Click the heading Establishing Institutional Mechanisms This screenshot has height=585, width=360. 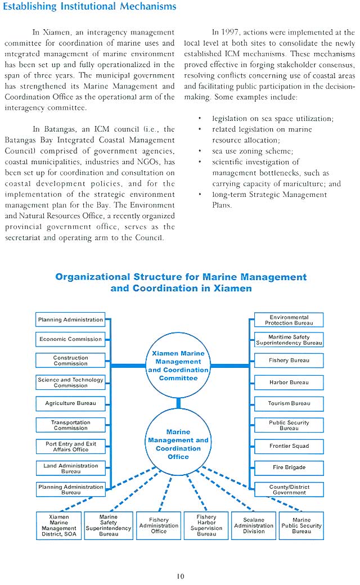click(x=89, y=7)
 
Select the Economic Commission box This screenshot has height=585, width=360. click(x=70, y=339)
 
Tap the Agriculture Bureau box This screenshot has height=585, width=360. click(x=70, y=403)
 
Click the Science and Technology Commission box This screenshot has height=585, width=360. click(x=70, y=382)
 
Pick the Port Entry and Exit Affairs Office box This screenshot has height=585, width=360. click(x=70, y=447)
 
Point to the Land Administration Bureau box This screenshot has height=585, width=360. click(x=70, y=468)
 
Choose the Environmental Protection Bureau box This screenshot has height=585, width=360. click(x=289, y=320)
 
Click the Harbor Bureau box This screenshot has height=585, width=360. click(x=289, y=382)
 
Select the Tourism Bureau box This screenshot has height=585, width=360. click(x=289, y=403)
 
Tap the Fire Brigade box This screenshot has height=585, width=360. click(x=289, y=467)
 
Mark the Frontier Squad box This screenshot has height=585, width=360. click(x=289, y=446)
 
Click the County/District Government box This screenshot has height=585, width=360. click(x=289, y=489)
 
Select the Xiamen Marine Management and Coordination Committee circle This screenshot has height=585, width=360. click(x=178, y=366)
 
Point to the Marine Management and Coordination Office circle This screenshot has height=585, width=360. click(x=178, y=444)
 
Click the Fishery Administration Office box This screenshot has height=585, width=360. click(x=159, y=525)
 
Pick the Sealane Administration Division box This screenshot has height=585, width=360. click(x=254, y=525)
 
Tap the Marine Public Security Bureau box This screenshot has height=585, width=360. click(x=301, y=525)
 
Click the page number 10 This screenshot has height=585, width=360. click(x=180, y=575)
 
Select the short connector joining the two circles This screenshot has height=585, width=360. click(x=178, y=403)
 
